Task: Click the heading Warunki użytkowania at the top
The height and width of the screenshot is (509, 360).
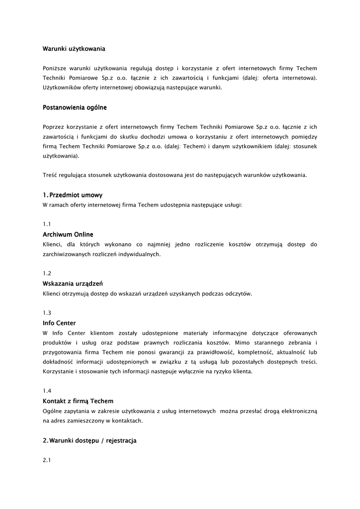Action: coord(74,49)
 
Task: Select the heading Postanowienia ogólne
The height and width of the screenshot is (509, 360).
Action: coord(75,107)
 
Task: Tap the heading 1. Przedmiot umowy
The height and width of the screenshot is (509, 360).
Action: coord(73,195)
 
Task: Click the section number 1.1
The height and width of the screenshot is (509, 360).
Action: coord(47,224)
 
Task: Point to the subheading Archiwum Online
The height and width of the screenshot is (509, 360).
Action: coord(68,234)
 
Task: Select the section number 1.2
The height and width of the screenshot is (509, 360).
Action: coord(47,273)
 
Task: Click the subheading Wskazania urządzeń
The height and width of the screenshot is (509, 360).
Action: coord(73,283)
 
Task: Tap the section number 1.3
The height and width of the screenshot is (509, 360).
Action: coord(47,313)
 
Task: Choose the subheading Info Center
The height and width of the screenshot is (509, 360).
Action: coord(59,323)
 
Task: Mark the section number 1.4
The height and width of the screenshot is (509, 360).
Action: coord(47,391)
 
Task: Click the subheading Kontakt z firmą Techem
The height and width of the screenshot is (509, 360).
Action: coord(78,401)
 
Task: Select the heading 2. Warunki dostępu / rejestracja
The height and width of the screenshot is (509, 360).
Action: coord(90,440)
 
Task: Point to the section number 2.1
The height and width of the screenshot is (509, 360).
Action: coord(47,460)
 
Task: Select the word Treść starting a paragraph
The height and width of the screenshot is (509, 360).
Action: coord(50,175)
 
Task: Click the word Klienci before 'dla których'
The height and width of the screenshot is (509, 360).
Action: coord(52,244)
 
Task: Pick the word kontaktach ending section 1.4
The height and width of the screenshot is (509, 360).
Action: coord(127,421)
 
